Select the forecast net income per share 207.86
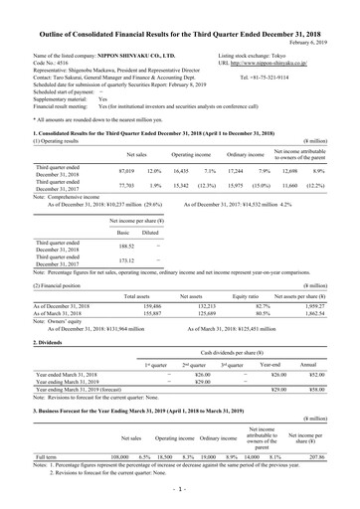(x=330, y=481)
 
